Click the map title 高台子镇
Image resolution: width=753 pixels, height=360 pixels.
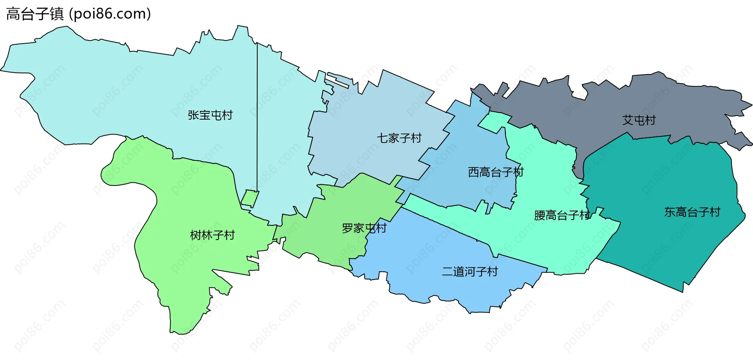35,14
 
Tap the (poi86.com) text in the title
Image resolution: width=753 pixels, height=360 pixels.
110,14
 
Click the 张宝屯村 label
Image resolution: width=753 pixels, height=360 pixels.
210,115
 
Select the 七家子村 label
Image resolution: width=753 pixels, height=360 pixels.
399,138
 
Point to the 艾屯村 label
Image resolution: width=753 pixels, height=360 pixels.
639,120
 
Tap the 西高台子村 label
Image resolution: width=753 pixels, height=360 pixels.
495,172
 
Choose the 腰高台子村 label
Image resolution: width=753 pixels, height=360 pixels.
562,215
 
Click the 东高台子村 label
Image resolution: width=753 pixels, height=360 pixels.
692,212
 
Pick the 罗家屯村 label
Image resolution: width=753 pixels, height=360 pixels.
364,228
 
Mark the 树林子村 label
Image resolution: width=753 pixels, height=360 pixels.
212,235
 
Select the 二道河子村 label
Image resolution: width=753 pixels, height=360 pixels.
469,271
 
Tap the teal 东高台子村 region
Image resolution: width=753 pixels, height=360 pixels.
667,243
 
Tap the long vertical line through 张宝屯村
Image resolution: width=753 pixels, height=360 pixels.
257,118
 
